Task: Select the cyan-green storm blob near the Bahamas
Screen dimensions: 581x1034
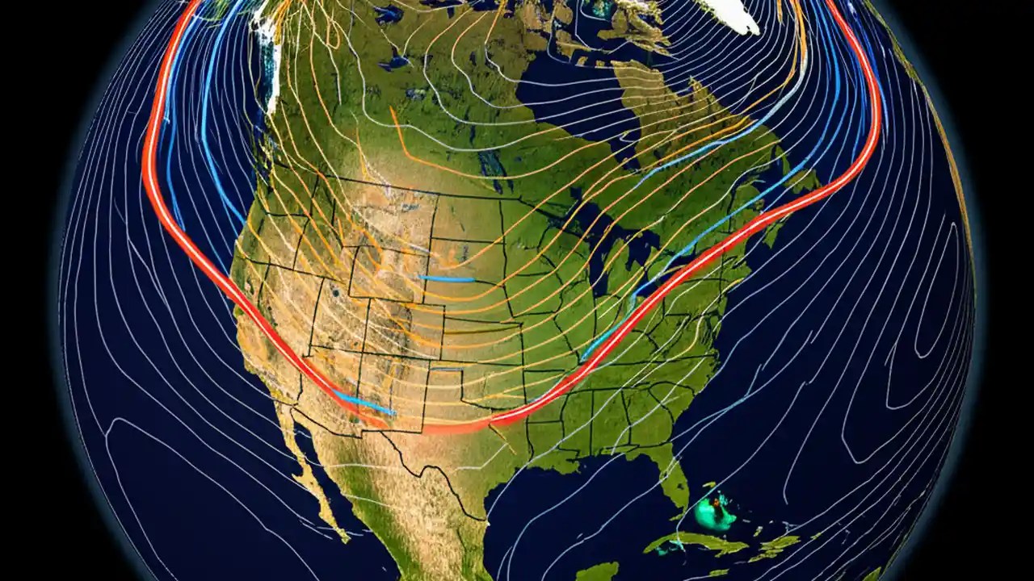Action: pyautogui.click(x=715, y=512)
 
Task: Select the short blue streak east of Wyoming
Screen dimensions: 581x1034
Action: pyautogui.click(x=446, y=278)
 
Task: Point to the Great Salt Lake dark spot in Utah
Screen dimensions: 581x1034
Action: pyautogui.click(x=333, y=292)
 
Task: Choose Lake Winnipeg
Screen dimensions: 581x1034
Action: pyautogui.click(x=488, y=161)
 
